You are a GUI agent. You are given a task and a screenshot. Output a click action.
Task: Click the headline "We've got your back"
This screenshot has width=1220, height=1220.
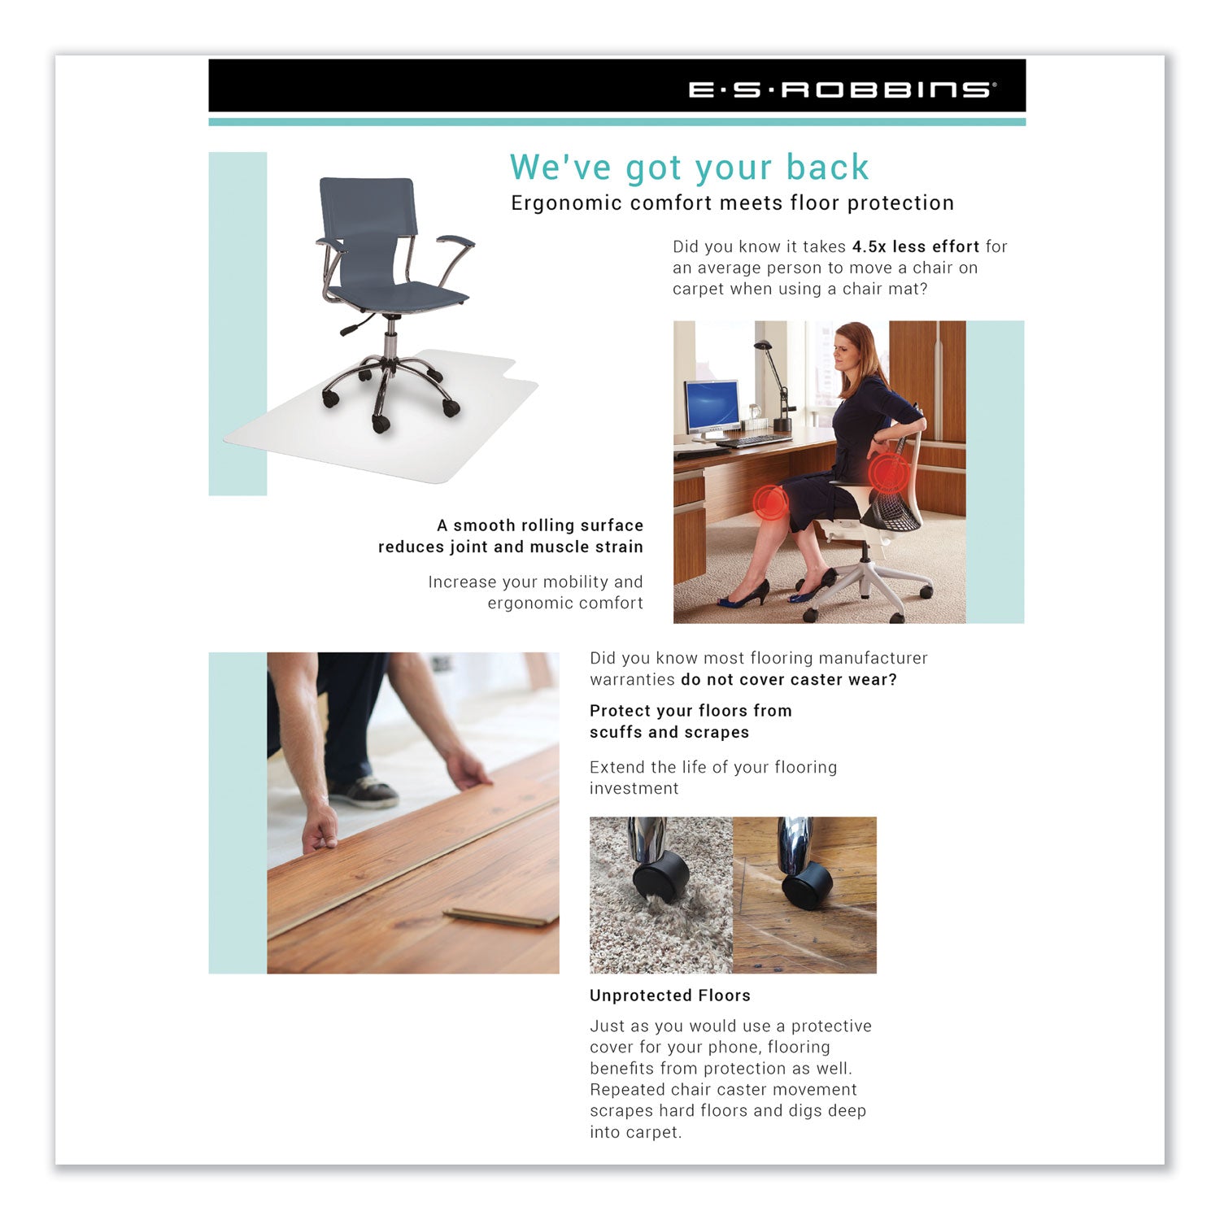(689, 168)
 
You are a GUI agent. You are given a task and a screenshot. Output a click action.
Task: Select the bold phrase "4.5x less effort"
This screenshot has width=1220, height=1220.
(915, 246)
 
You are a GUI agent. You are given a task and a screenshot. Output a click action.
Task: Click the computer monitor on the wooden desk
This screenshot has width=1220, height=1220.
(712, 407)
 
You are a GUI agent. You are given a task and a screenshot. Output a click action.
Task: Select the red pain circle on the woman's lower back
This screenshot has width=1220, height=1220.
(888, 473)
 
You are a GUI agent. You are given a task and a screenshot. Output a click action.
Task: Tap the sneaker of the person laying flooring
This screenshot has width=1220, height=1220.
(364, 791)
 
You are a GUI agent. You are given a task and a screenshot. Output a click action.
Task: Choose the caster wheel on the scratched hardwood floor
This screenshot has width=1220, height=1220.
(806, 885)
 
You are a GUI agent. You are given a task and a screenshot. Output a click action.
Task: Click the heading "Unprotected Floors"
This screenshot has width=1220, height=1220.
(669, 996)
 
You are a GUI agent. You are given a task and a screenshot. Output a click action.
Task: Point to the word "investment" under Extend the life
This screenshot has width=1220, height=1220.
(634, 788)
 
